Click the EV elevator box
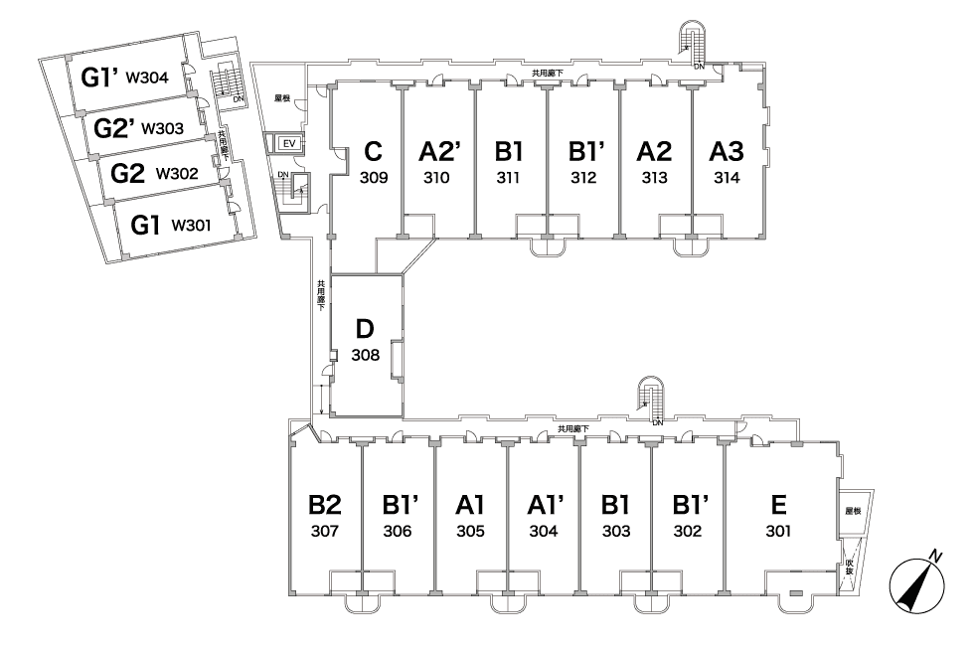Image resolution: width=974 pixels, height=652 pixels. click(x=289, y=143)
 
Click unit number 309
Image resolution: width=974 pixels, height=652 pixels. click(x=374, y=178)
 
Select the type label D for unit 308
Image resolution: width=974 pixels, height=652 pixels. click(x=365, y=328)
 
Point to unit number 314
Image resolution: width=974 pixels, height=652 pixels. click(x=727, y=178)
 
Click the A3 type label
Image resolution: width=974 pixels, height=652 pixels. click(x=727, y=151)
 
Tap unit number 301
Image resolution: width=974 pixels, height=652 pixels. click(x=778, y=532)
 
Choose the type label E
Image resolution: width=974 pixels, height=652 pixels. click(x=778, y=505)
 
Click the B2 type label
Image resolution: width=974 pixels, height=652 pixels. click(x=325, y=505)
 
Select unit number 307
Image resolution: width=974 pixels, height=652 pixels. click(x=325, y=532)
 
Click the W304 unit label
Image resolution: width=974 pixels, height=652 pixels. click(x=147, y=79)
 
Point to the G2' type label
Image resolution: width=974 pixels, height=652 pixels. click(x=114, y=128)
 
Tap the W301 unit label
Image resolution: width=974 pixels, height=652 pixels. click(x=191, y=226)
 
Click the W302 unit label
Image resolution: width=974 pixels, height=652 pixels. click(x=177, y=174)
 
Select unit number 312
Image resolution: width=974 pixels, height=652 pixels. click(x=584, y=178)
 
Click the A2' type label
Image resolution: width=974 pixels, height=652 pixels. click(x=439, y=151)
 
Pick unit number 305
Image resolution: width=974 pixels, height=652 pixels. click(x=470, y=532)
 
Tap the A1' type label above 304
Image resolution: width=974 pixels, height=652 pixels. click(x=546, y=505)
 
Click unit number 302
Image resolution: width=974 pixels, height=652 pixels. click(x=688, y=532)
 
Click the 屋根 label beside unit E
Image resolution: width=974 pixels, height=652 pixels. click(x=854, y=511)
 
